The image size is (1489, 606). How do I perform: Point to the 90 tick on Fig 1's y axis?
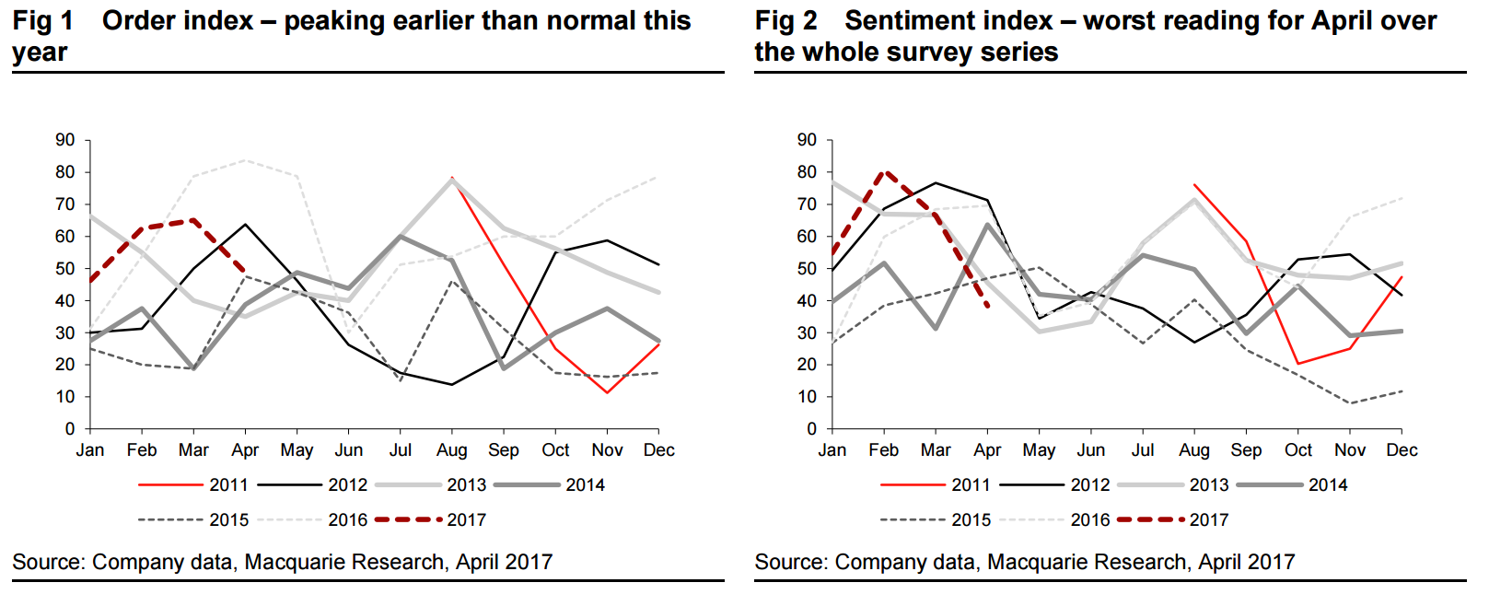[65, 140]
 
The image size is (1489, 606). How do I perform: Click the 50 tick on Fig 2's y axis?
[808, 269]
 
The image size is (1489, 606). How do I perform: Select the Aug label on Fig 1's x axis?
[452, 450]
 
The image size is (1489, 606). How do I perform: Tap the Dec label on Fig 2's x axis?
[1402, 450]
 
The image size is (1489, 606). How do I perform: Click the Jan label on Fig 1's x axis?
[90, 450]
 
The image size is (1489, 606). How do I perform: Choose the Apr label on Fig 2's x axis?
[987, 450]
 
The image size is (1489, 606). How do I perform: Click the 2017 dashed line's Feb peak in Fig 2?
[884, 171]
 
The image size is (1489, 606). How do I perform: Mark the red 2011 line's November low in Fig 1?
[607, 393]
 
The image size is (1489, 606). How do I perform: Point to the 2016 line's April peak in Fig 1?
[245, 160]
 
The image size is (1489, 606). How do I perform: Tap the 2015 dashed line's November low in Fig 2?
[1350, 403]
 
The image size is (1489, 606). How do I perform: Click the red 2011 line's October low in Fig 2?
[1298, 364]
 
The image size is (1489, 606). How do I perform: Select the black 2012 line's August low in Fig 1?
[451, 385]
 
